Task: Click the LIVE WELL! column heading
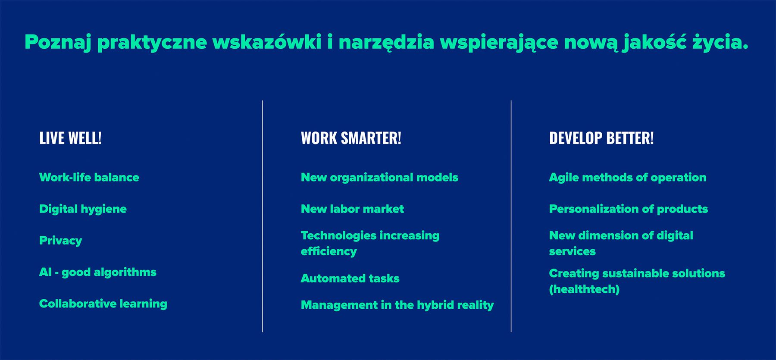click(x=70, y=138)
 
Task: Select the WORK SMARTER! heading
click(x=351, y=138)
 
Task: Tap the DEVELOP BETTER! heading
click(x=601, y=138)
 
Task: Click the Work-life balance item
click(x=89, y=177)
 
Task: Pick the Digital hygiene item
click(x=83, y=210)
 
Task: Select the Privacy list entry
click(x=60, y=241)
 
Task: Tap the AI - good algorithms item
click(x=98, y=272)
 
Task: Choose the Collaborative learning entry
click(x=103, y=304)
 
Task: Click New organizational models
click(x=379, y=178)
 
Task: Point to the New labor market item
click(x=352, y=209)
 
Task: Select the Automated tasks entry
click(x=350, y=279)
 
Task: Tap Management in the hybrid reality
click(x=397, y=305)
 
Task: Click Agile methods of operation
click(x=628, y=178)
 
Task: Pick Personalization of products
click(x=629, y=209)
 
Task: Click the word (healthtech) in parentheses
click(x=584, y=289)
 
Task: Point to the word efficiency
click(x=329, y=252)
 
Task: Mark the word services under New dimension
click(x=572, y=251)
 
